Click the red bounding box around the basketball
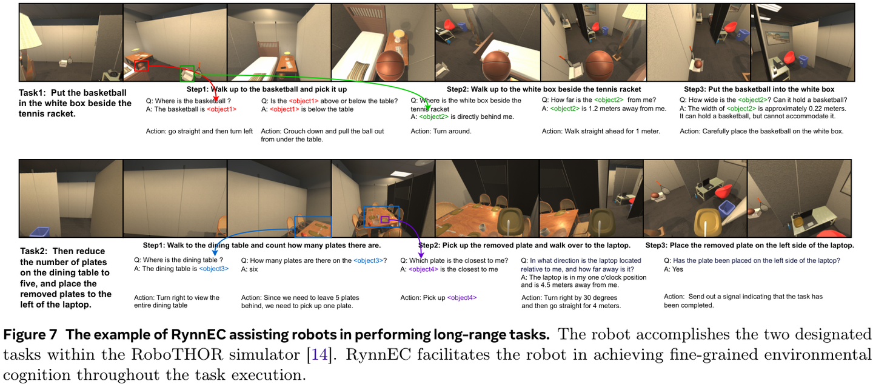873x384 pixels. pos(135,66)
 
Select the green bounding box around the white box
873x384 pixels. pos(181,73)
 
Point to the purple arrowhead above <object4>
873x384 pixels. pos(421,255)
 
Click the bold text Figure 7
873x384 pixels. pos(30,334)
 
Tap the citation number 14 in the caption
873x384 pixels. pos(319,355)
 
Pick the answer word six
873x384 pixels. pos(253,269)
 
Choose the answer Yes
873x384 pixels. pos(678,269)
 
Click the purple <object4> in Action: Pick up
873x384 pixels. pos(462,297)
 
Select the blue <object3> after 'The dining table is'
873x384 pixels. pos(213,269)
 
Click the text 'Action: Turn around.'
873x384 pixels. pos(441,132)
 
